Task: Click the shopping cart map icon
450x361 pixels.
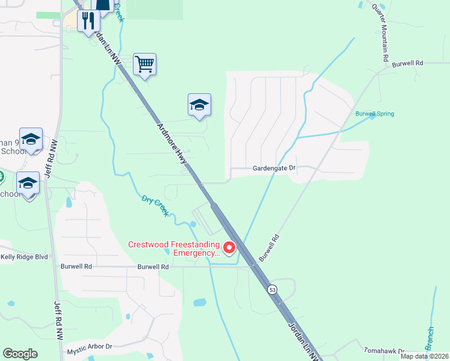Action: pos(145,63)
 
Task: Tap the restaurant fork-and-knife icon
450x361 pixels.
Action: pos(88,20)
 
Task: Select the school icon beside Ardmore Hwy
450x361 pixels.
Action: pos(200,105)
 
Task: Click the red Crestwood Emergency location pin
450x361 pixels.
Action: pos(229,247)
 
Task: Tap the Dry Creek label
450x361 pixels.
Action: pos(155,206)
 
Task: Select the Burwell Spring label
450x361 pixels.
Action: pos(374,113)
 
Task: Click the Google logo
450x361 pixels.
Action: pos(20,354)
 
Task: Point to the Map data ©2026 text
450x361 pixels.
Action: pos(424,356)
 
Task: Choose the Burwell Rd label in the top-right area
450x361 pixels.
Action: pos(408,63)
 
